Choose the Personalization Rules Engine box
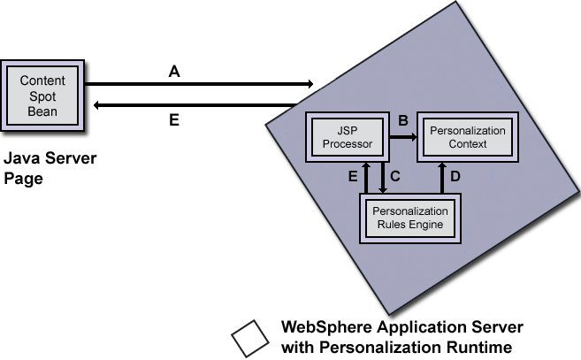point(409,218)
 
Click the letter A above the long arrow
point(174,73)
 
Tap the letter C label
point(395,176)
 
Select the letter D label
point(455,176)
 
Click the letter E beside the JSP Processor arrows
point(354,177)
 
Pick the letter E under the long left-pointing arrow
point(174,119)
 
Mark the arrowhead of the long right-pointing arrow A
point(309,84)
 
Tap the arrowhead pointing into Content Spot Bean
point(96,105)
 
